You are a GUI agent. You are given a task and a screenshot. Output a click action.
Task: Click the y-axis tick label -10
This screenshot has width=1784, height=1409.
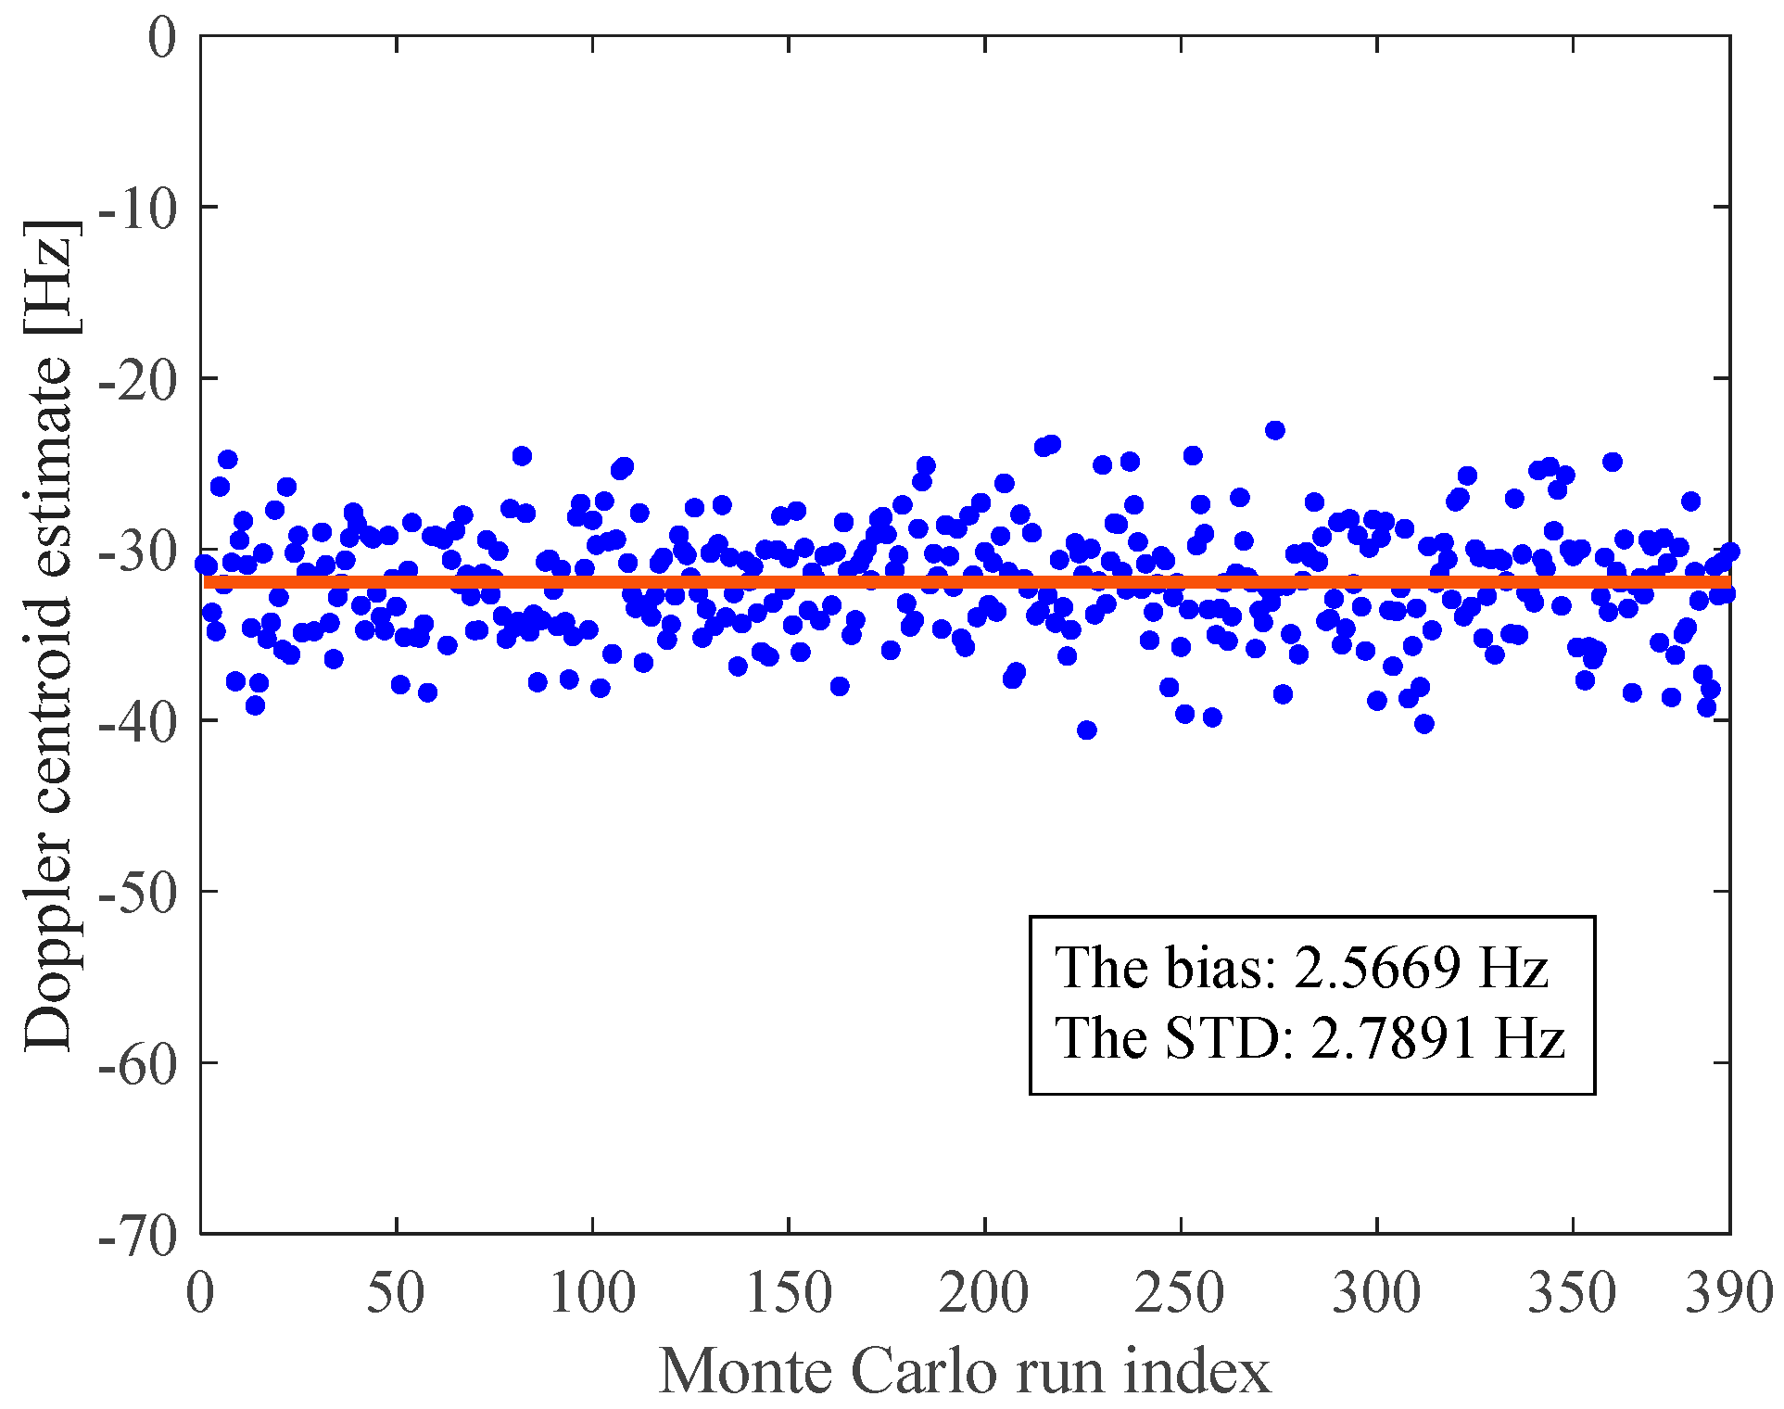click(x=136, y=209)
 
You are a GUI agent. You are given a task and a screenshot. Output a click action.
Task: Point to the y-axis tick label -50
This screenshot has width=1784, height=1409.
click(x=136, y=895)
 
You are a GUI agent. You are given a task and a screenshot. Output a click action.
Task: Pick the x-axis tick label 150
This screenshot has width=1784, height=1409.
click(x=788, y=1291)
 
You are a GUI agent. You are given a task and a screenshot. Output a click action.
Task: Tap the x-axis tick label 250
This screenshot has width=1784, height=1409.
click(x=1180, y=1291)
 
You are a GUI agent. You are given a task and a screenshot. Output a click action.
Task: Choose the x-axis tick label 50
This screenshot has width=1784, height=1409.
click(x=396, y=1291)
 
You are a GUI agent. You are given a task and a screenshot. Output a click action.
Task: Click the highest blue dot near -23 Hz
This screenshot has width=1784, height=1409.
click(x=1275, y=430)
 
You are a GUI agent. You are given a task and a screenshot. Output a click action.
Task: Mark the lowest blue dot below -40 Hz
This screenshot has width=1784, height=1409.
click(x=1087, y=730)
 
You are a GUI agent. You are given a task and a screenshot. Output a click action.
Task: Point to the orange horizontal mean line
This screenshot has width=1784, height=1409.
click(x=927, y=582)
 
